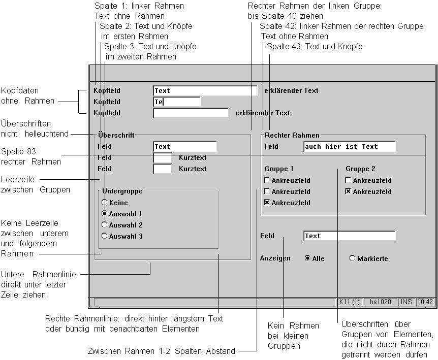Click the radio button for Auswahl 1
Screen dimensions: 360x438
click(105, 214)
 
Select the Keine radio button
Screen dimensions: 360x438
click(105, 203)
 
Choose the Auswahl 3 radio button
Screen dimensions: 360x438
click(105, 236)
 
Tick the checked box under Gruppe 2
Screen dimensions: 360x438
click(348, 191)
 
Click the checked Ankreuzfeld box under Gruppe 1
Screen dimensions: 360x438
click(267, 203)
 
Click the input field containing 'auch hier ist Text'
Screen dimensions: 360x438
click(349, 147)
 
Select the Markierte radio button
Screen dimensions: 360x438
click(352, 258)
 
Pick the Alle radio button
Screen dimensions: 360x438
click(307, 258)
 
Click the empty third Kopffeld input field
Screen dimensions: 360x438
click(191, 113)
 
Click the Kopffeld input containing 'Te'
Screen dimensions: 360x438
click(176, 102)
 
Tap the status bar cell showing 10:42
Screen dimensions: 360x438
click(425, 302)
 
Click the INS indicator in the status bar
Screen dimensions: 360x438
click(406, 302)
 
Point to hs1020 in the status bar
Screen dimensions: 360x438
click(381, 302)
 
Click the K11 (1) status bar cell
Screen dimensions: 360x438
click(349, 302)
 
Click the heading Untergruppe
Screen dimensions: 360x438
click(122, 191)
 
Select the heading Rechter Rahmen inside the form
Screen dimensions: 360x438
click(292, 135)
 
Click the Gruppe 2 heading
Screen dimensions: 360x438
click(360, 169)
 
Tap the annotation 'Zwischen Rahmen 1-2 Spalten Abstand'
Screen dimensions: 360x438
click(162, 351)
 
